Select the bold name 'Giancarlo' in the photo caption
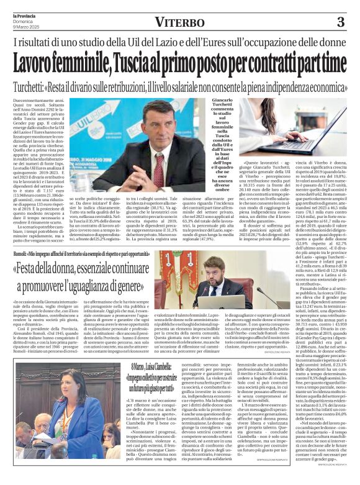click(222, 101)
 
